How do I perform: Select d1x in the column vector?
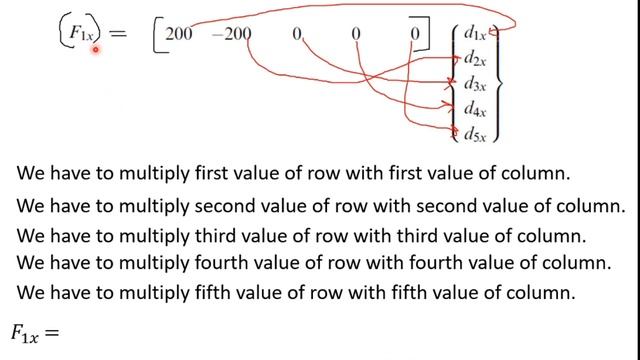point(476,36)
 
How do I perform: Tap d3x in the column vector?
point(476,84)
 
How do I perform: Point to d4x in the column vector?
point(476,108)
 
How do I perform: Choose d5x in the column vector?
point(476,132)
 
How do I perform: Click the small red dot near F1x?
point(96,49)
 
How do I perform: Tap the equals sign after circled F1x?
point(118,35)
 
